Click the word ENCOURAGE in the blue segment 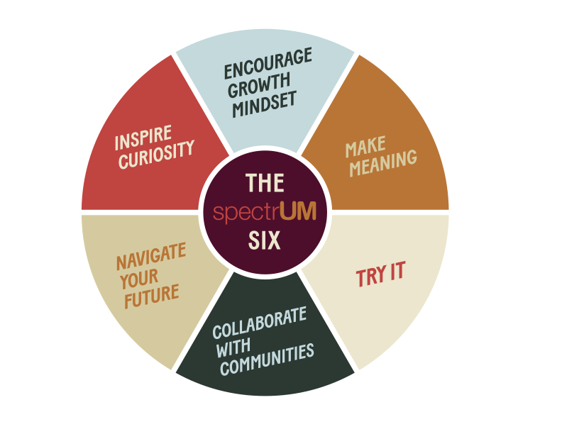tap(268, 63)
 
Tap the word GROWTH tap(259, 85)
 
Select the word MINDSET tap(265, 104)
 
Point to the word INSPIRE tap(143, 138)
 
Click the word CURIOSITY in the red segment tap(157, 155)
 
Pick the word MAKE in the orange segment tap(365, 147)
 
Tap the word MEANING tap(383, 163)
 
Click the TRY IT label tap(380, 274)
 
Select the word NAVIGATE tap(151, 256)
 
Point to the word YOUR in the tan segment tap(139, 279)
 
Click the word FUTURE tap(152, 296)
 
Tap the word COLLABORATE tap(260, 322)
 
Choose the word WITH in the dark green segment tap(233, 347)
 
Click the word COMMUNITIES tap(267, 359)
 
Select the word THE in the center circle tap(265, 183)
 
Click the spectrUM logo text tap(265, 211)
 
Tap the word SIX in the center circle tap(264, 240)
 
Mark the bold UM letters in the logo tap(298, 211)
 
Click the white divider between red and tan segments tap(140, 212)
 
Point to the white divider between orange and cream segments tap(390, 212)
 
